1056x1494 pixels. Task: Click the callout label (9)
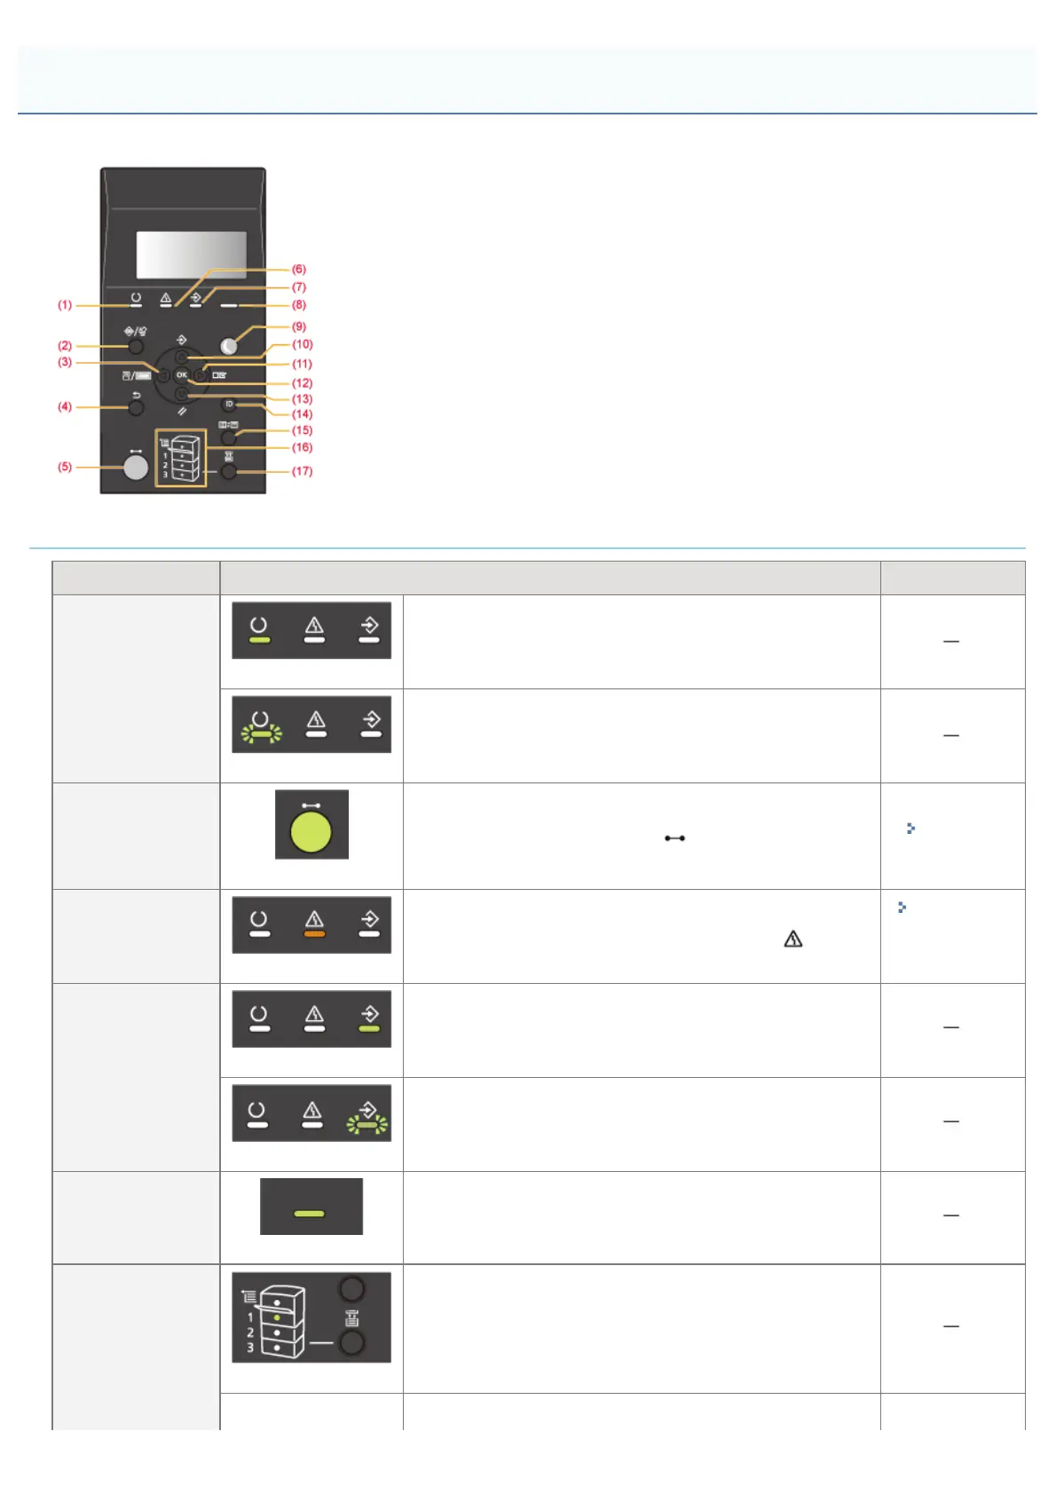pyautogui.click(x=299, y=326)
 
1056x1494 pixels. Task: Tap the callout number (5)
pyautogui.click(x=65, y=467)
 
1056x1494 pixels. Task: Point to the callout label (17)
pyautogui.click(x=302, y=471)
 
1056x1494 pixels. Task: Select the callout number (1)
pyautogui.click(x=65, y=305)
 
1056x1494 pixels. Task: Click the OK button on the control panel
pyautogui.click(x=181, y=375)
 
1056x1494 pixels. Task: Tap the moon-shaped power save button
pyautogui.click(x=229, y=346)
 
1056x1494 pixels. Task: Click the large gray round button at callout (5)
pyautogui.click(x=136, y=467)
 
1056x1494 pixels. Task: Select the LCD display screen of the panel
pyautogui.click(x=191, y=255)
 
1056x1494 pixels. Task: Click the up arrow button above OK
pyautogui.click(x=181, y=357)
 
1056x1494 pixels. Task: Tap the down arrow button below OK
pyautogui.click(x=181, y=394)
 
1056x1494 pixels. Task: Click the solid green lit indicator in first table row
pyautogui.click(x=258, y=640)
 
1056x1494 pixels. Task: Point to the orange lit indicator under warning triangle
pyautogui.click(x=314, y=934)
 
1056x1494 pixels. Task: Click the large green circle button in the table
pyautogui.click(x=311, y=832)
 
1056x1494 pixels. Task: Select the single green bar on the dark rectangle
pyautogui.click(x=309, y=1213)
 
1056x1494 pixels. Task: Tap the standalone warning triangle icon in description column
pyautogui.click(x=792, y=939)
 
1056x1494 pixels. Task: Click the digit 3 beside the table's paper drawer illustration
pyautogui.click(x=250, y=1348)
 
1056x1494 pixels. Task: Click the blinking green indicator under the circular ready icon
pyautogui.click(x=261, y=734)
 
